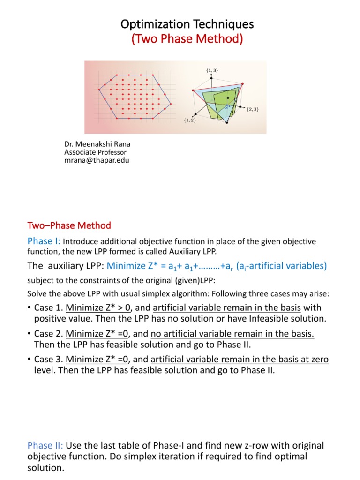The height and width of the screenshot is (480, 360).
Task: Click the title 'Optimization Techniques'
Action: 187,24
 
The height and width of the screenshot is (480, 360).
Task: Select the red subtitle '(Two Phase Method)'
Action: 187,40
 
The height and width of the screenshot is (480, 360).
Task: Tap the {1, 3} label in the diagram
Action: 211,70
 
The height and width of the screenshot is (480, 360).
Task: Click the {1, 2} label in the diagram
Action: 189,120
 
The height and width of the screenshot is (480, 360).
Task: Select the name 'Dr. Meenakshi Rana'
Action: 91,145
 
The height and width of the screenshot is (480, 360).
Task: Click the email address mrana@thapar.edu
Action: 96,160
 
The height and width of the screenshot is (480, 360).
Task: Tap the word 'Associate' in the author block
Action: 80,152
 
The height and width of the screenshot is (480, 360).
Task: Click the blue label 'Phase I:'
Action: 44,241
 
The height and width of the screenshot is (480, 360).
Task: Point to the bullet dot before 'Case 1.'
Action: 30,308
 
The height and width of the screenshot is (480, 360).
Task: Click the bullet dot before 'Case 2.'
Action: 30,334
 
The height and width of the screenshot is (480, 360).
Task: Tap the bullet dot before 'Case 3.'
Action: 30,360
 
